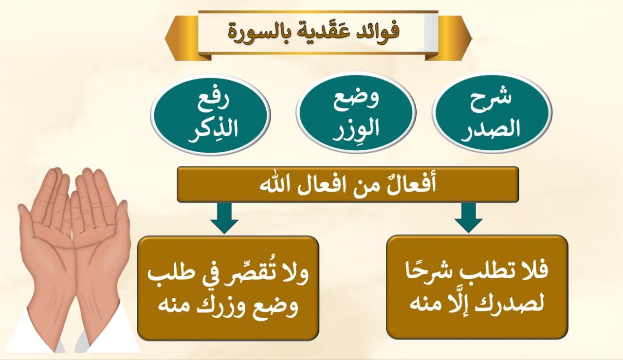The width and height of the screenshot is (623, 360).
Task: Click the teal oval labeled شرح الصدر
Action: pos(493,112)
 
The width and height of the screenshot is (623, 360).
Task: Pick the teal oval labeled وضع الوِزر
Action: pos(356,112)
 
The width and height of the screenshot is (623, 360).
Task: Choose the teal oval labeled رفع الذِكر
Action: pos(210,114)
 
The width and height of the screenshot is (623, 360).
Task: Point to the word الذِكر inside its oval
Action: pos(213,131)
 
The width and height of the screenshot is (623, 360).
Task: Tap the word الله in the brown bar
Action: pos(272,184)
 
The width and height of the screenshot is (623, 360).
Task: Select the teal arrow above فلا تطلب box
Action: pos(469,217)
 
